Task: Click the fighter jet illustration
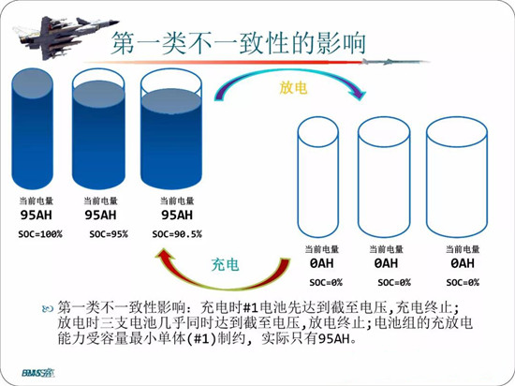[66, 37]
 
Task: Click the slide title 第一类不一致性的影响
[239, 43]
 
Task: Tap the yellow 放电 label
[293, 88]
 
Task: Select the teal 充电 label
[225, 264]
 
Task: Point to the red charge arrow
[224, 288]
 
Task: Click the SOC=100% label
[40, 234]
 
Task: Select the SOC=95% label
[109, 234]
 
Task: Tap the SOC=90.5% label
[177, 234]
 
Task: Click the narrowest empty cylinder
[318, 177]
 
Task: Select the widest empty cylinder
[457, 177]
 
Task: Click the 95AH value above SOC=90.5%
[177, 215]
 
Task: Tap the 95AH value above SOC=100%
[37, 215]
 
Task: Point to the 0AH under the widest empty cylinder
[463, 263]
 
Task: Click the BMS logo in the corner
[38, 373]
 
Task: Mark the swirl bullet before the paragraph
[48, 308]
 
